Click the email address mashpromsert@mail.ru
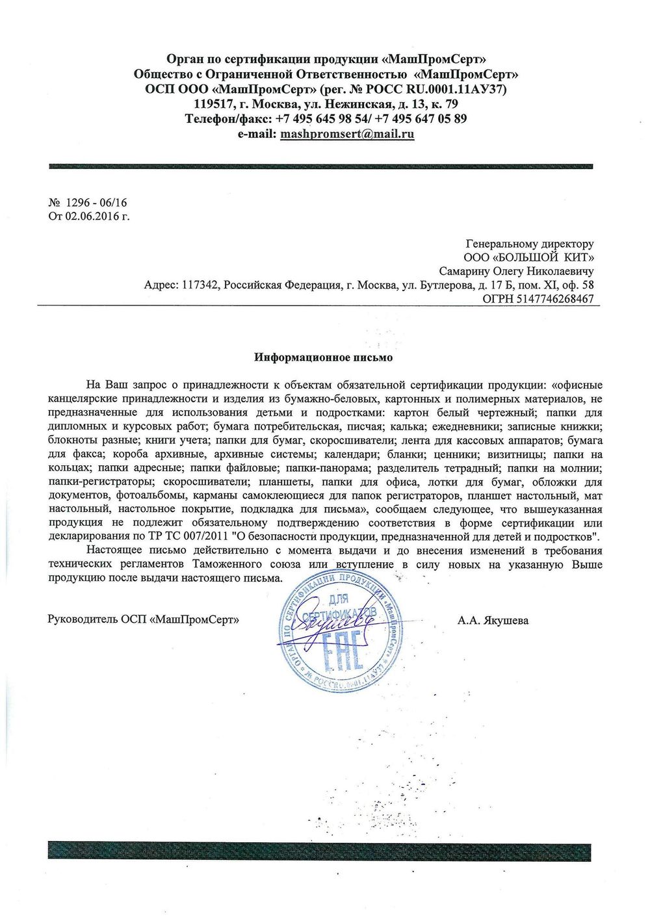(347, 134)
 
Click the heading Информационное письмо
(323, 357)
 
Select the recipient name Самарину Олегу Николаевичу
(516, 271)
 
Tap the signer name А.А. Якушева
(493, 620)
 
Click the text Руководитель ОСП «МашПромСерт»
(143, 619)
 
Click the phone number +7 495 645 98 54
(321, 119)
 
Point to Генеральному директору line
(530, 244)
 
